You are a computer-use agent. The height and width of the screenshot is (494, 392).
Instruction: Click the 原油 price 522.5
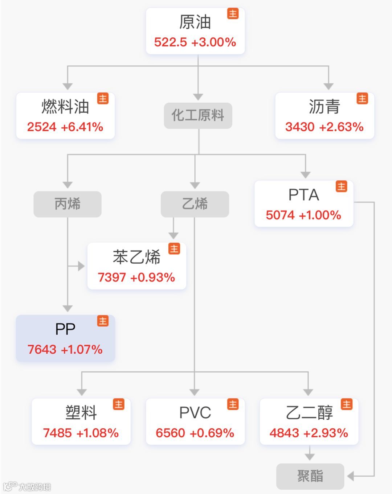click(170, 42)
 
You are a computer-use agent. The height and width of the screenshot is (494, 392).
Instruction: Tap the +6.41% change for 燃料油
click(82, 127)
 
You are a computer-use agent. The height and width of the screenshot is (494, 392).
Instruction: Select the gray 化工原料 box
click(198, 116)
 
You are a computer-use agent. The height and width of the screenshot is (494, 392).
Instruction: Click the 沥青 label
click(324, 107)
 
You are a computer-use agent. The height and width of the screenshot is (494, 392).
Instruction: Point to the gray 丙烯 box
click(68, 204)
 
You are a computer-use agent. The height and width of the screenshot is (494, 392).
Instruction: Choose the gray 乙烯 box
click(195, 204)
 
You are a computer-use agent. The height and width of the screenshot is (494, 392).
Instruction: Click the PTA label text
click(303, 195)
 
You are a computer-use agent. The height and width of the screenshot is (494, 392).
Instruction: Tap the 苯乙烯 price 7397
click(111, 277)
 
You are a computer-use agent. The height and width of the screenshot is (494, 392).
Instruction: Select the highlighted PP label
click(65, 329)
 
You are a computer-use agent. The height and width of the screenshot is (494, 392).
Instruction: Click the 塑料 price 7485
click(57, 433)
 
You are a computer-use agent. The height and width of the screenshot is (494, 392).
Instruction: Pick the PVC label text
click(195, 413)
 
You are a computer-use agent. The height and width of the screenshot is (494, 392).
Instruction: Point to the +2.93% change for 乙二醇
click(326, 433)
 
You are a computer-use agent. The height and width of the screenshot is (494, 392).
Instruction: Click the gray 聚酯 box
click(310, 476)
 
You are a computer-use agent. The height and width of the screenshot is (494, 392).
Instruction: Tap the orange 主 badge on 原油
click(233, 14)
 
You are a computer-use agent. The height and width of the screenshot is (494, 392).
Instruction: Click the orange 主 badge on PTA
click(341, 186)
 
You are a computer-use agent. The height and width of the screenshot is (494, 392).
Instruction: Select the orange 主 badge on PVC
click(233, 404)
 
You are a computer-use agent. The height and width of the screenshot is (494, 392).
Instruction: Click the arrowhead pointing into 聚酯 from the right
click(350, 476)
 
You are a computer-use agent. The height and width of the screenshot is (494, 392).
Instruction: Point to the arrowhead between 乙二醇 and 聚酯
click(309, 456)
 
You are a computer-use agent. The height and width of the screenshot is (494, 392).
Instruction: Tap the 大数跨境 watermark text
click(34, 487)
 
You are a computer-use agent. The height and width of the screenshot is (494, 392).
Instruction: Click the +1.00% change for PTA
click(320, 215)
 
